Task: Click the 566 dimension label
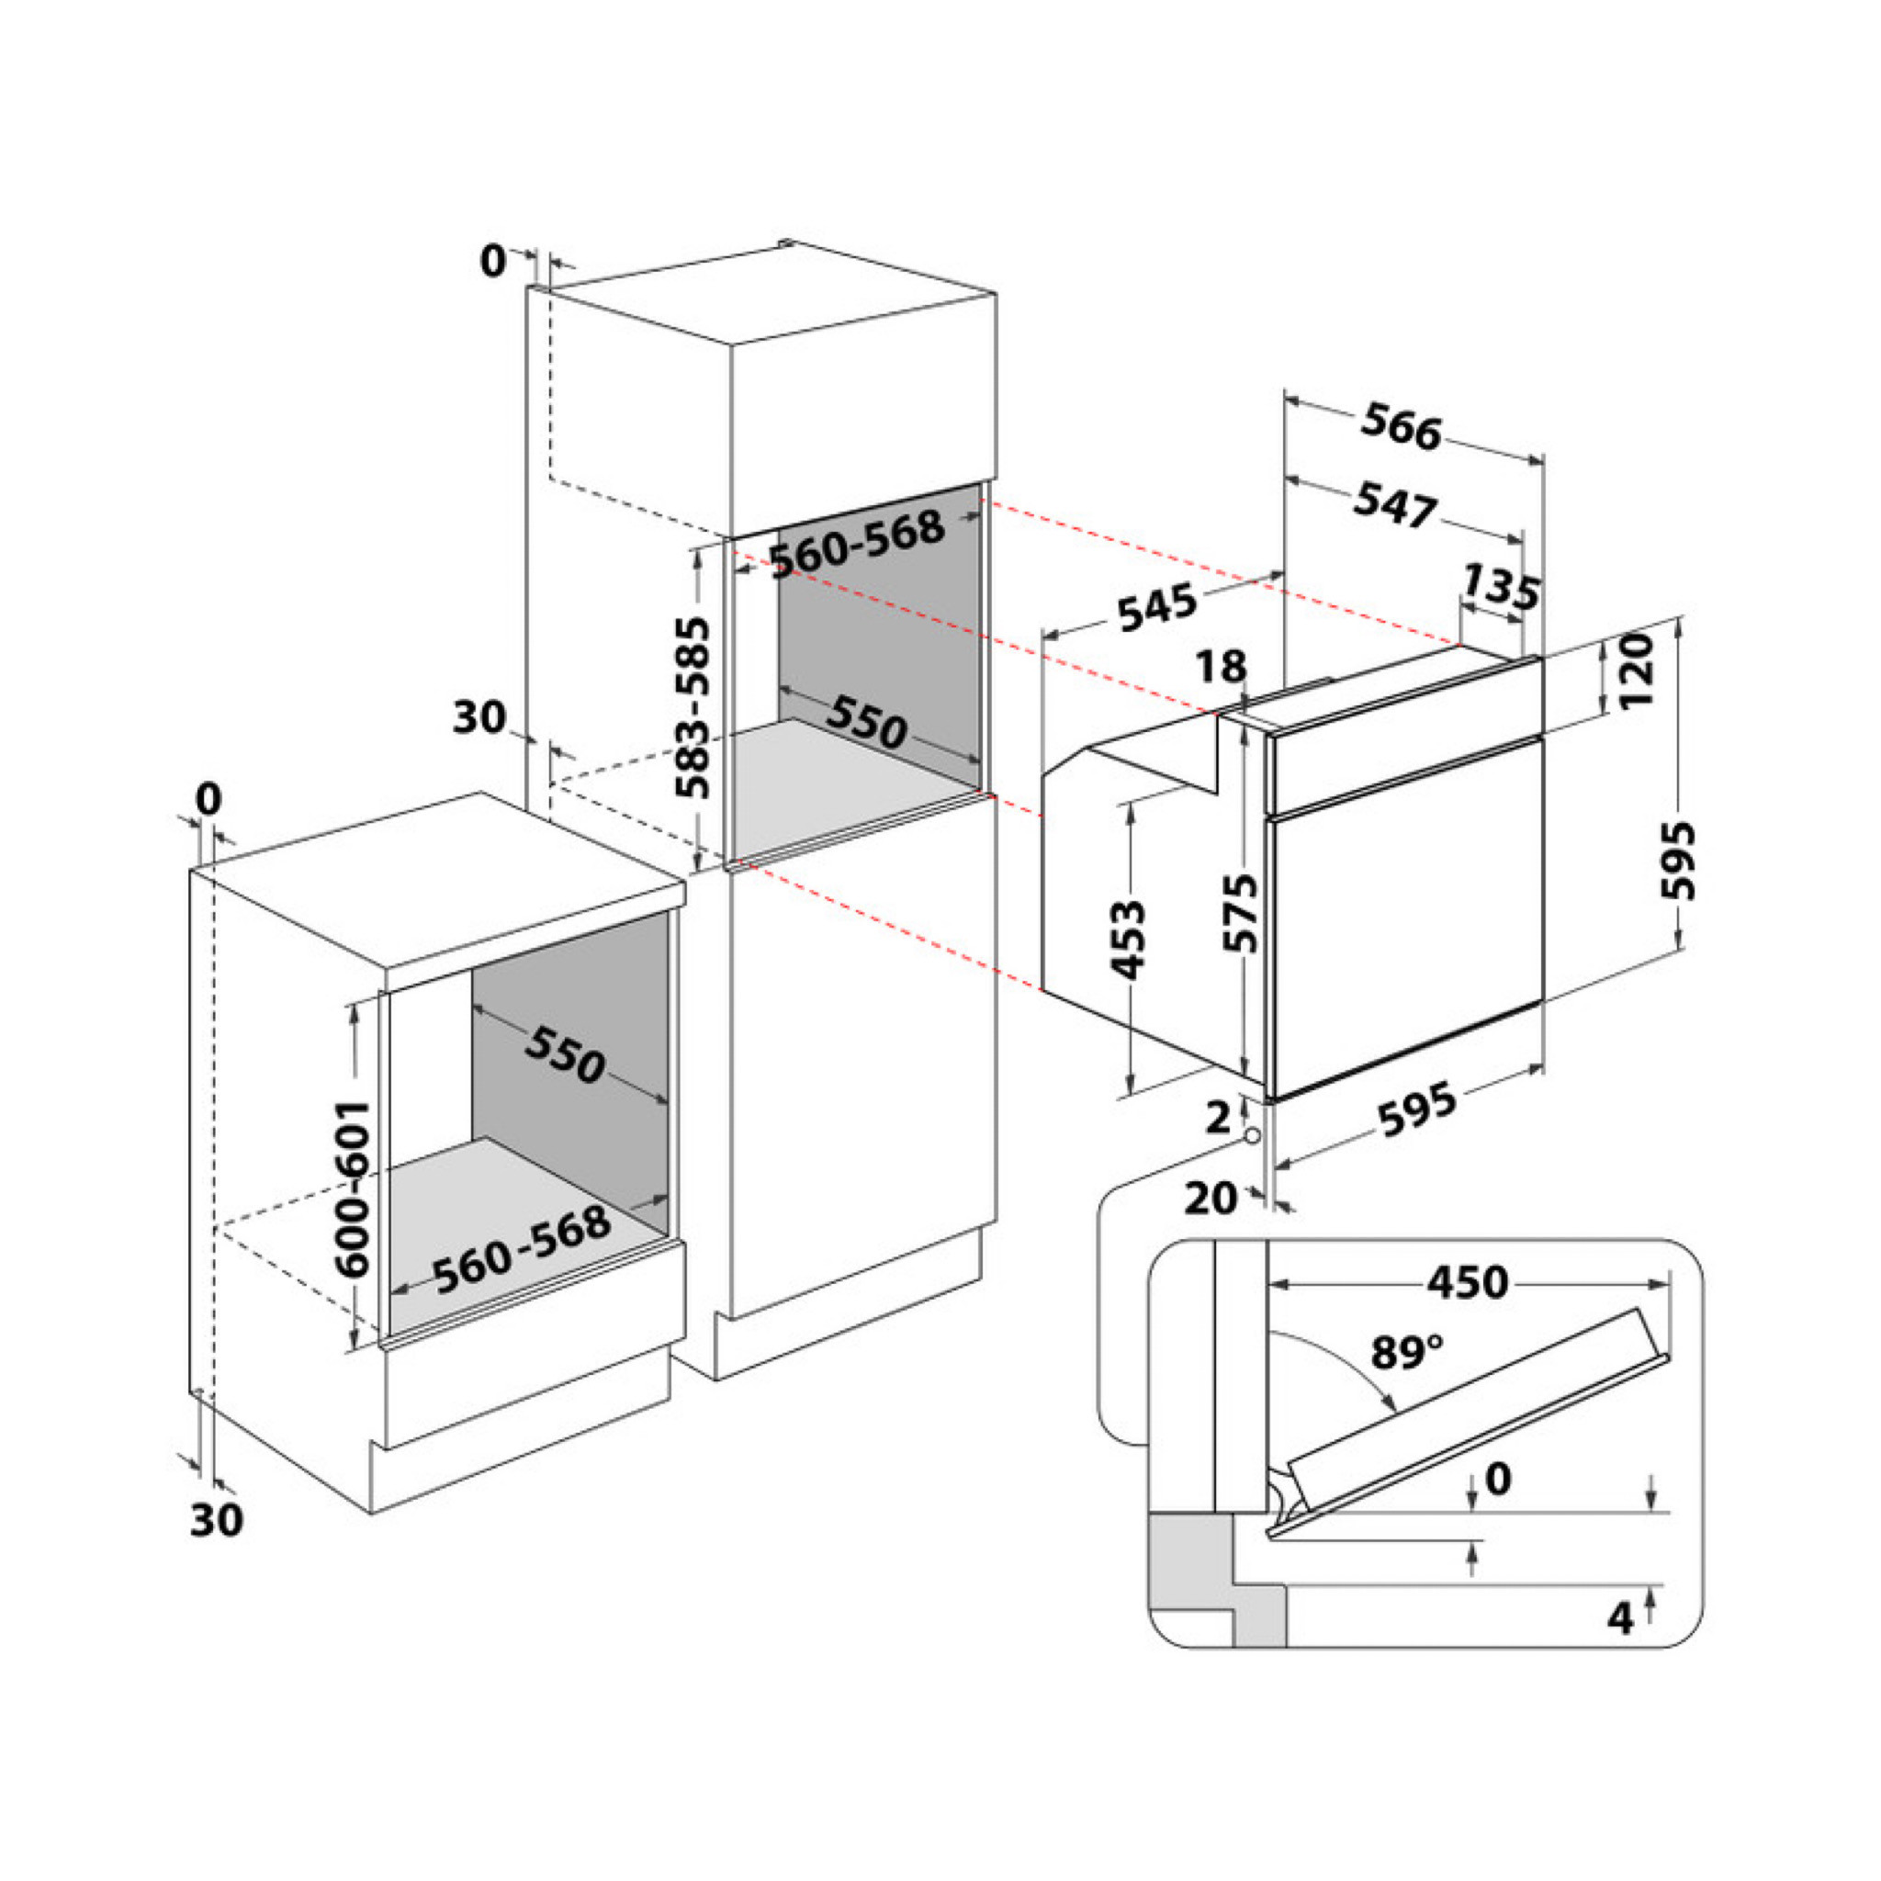1401,428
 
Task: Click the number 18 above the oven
1220,666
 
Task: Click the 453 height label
1129,939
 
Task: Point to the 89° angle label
1407,1353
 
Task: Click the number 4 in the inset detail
1619,1617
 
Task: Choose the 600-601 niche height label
352,1188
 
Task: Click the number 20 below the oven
1211,1198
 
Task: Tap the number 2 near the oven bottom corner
1218,1119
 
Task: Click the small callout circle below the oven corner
1251,1136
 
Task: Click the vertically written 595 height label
1677,861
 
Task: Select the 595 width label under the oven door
1416,1109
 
